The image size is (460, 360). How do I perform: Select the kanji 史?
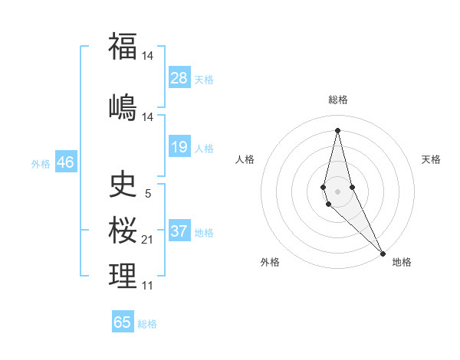pos(123,184)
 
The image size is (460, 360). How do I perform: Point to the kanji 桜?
pos(123,230)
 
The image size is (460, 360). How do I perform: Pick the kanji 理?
pos(123,276)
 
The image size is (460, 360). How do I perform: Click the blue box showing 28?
pos(179,78)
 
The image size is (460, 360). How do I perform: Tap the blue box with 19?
pos(179,147)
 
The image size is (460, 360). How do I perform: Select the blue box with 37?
pos(179,231)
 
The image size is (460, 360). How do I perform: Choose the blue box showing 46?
pos(65,162)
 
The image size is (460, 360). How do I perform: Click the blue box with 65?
pos(123,322)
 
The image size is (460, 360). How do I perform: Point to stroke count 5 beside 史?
pos(148,194)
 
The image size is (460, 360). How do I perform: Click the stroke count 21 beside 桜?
pos(148,240)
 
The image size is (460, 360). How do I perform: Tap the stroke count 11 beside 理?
pos(148,286)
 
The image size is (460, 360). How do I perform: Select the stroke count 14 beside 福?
pos(148,56)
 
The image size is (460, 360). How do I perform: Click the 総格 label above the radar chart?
pos(338,100)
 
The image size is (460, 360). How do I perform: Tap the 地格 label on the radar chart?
pos(402,262)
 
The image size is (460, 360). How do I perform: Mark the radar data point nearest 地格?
pos(382,253)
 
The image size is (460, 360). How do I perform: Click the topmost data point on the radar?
pos(338,130)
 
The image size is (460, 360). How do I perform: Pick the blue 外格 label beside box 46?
pos(41,164)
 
